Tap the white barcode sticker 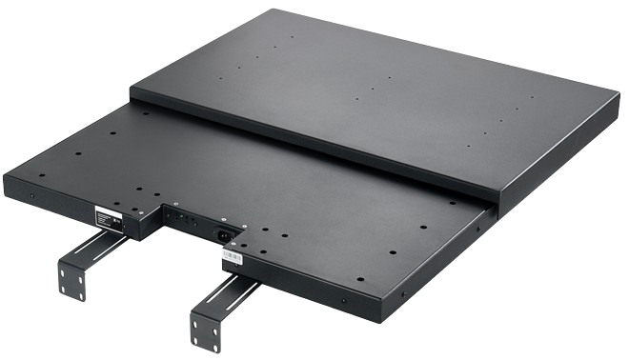click(234, 254)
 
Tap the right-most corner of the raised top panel click(618, 95)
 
